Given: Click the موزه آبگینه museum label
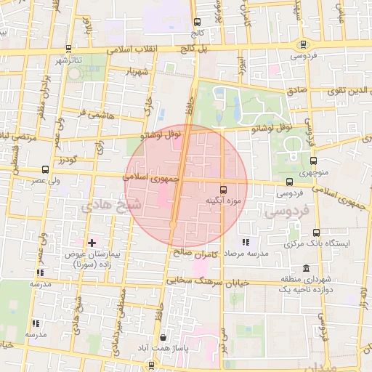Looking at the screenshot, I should (x=223, y=200).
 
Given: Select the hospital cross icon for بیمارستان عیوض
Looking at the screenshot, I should (x=92, y=242).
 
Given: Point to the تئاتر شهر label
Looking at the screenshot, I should (x=70, y=60).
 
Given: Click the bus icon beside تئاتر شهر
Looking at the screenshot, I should (x=68, y=49).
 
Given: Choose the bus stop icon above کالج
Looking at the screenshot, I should (x=198, y=23).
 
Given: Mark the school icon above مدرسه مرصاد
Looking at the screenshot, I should (x=245, y=241).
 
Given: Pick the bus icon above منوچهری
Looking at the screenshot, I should (x=313, y=161).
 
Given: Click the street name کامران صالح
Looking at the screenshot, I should (x=197, y=254).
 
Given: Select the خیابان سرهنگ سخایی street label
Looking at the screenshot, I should (x=208, y=280).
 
